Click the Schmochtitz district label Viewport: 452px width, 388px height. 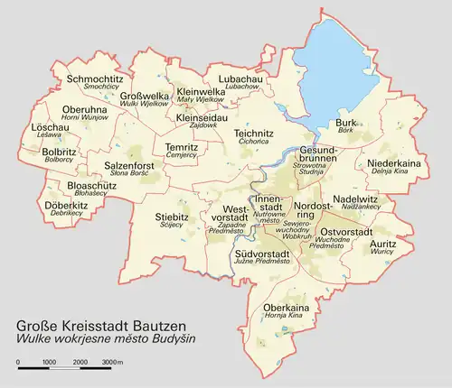click(94, 79)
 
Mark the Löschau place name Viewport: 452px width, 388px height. click(50, 128)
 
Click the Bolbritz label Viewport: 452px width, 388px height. click(60, 152)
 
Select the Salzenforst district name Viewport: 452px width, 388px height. click(132, 166)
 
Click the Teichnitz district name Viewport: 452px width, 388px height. click(254, 134)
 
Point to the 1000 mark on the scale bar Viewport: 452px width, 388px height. click(49, 361)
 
